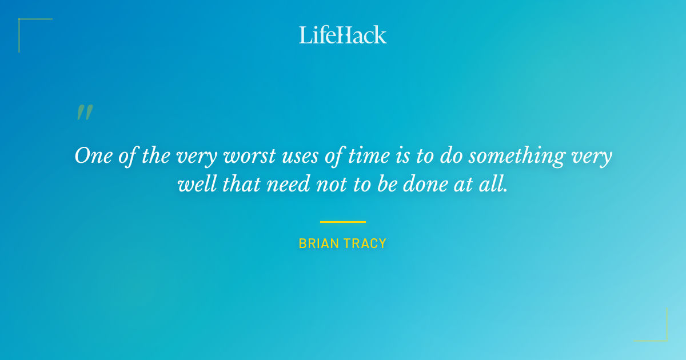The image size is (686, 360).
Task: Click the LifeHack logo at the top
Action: [343, 35]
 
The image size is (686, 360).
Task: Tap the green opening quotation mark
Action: [84, 113]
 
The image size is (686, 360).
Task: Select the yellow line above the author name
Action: [343, 222]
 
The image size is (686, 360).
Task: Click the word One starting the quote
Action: [90, 156]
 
